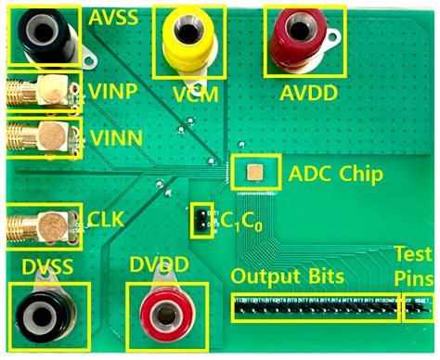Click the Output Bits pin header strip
[316, 303]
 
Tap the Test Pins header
[419, 303]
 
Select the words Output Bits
[288, 276]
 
